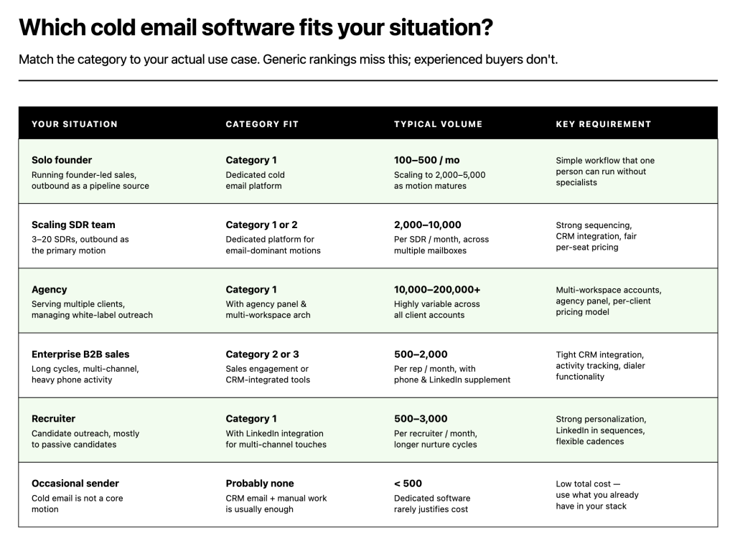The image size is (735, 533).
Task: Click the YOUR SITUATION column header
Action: pyautogui.click(x=75, y=124)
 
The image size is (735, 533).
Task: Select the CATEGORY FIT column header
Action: pyautogui.click(x=262, y=124)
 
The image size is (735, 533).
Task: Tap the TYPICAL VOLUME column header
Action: pyautogui.click(x=438, y=124)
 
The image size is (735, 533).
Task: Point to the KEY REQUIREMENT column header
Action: pyautogui.click(x=604, y=124)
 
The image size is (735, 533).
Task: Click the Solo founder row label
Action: pyautogui.click(x=62, y=160)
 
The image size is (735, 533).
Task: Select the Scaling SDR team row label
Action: pyautogui.click(x=73, y=225)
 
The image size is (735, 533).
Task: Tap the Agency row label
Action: pyautogui.click(x=50, y=289)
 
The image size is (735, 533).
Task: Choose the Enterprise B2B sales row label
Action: pyautogui.click(x=80, y=354)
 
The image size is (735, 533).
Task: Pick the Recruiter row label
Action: pyautogui.click(x=53, y=418)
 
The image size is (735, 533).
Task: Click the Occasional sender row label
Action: pyautogui.click(x=75, y=483)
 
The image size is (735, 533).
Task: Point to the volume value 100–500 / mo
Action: pyautogui.click(x=426, y=160)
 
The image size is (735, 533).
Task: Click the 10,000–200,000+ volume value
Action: pyautogui.click(x=437, y=289)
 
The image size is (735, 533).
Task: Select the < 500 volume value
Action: pyautogui.click(x=408, y=483)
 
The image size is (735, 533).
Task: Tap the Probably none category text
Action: pyautogui.click(x=260, y=483)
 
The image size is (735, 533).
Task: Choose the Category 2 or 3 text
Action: pyautogui.click(x=262, y=354)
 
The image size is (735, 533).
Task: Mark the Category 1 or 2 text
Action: pyautogui.click(x=261, y=225)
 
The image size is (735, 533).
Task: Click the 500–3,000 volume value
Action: pyautogui.click(x=421, y=418)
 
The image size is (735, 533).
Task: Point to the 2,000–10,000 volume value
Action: pyautogui.click(x=428, y=225)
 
